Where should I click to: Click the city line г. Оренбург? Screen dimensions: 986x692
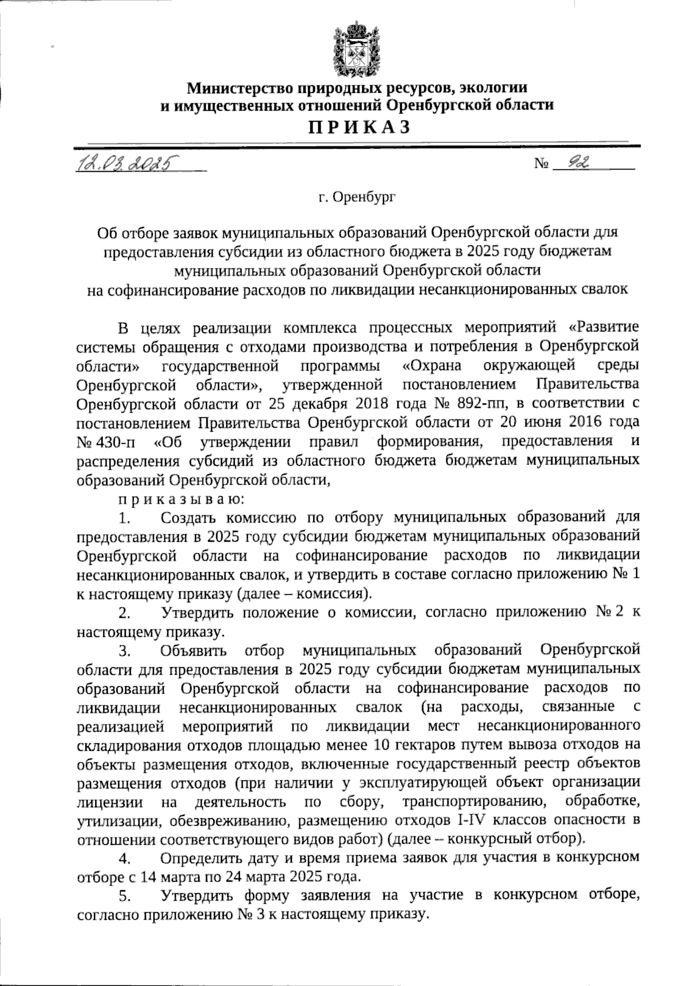point(356,198)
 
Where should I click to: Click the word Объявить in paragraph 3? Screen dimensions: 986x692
point(194,650)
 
